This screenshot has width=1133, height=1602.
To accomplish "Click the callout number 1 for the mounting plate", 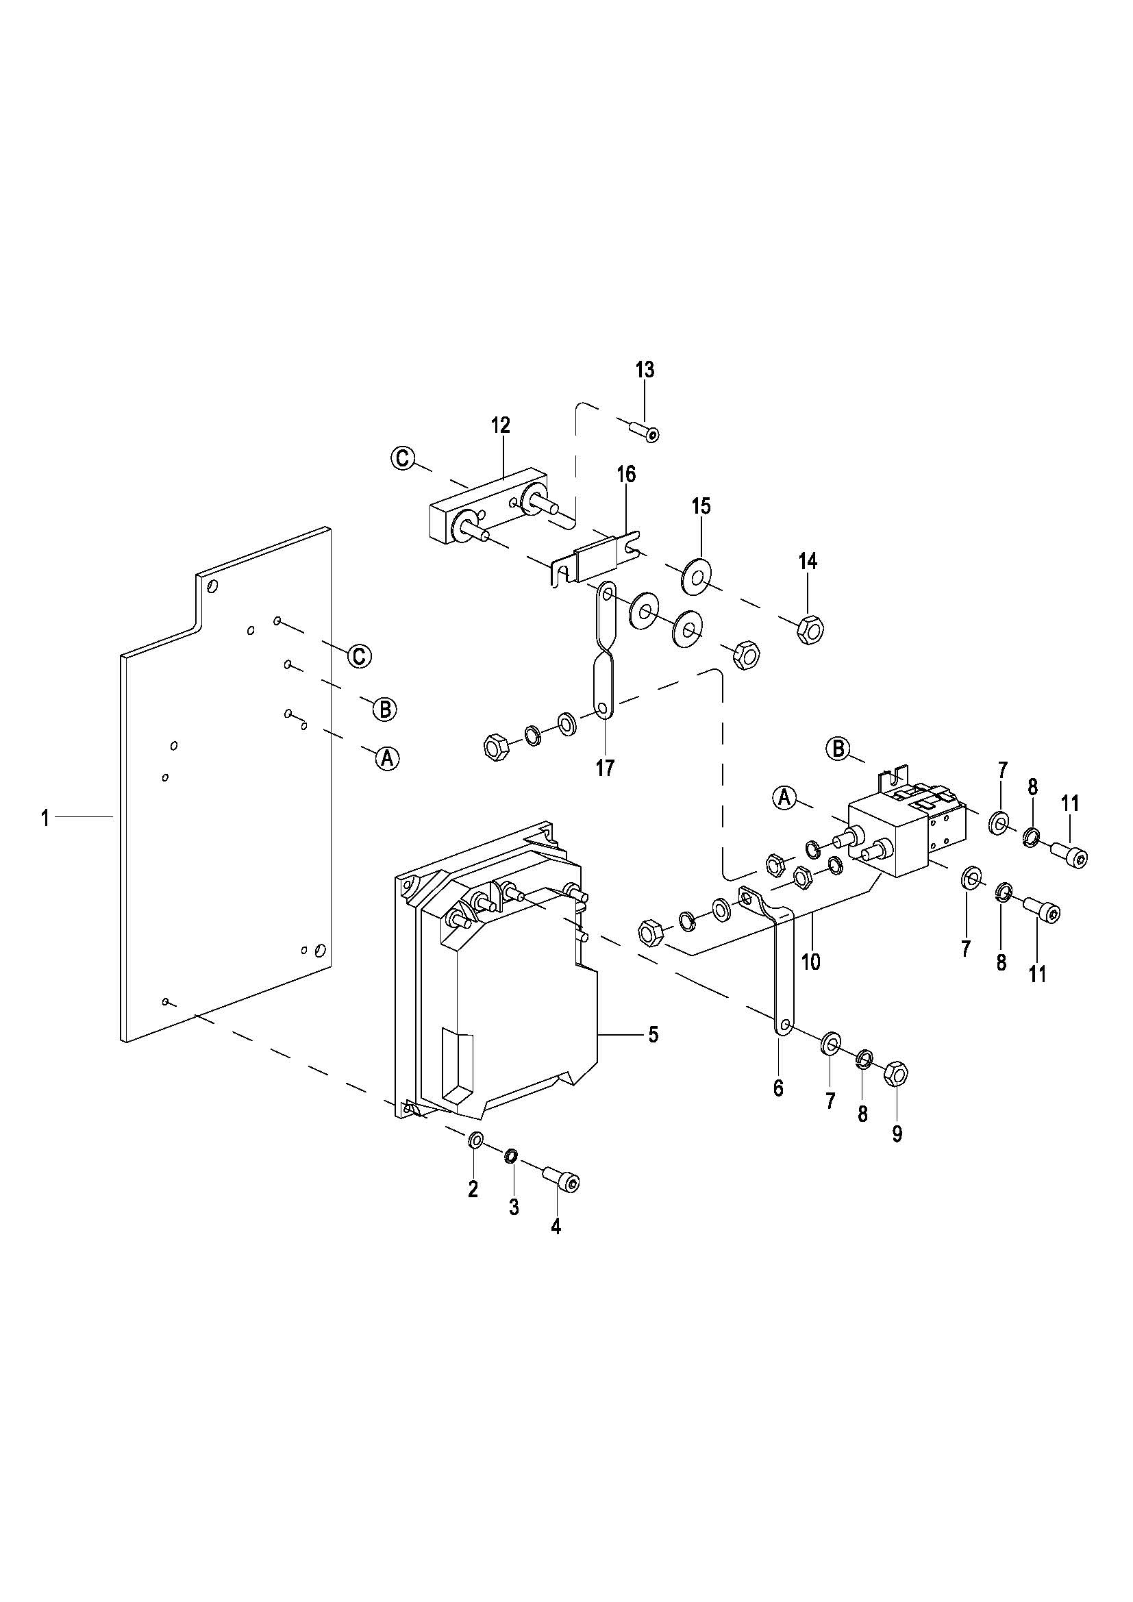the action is point(45,817).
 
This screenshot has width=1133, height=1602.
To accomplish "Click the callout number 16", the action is point(626,475).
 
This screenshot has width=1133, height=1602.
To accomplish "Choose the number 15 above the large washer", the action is point(701,506).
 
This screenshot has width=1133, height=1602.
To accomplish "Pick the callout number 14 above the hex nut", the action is point(808,562).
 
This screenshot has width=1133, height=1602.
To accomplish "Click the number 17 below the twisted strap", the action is point(605,768).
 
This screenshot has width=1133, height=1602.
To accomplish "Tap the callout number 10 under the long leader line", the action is point(810,962).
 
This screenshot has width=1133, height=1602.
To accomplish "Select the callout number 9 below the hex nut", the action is point(897,1134).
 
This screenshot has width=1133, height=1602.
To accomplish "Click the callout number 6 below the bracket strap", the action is point(779,1088).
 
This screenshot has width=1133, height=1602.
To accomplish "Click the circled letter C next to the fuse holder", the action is point(403,458).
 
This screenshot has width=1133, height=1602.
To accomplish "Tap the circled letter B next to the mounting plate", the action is point(384,710).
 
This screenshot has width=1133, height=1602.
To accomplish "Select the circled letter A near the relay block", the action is point(785,797).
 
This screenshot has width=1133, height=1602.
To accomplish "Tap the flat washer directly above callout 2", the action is point(475,1140).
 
